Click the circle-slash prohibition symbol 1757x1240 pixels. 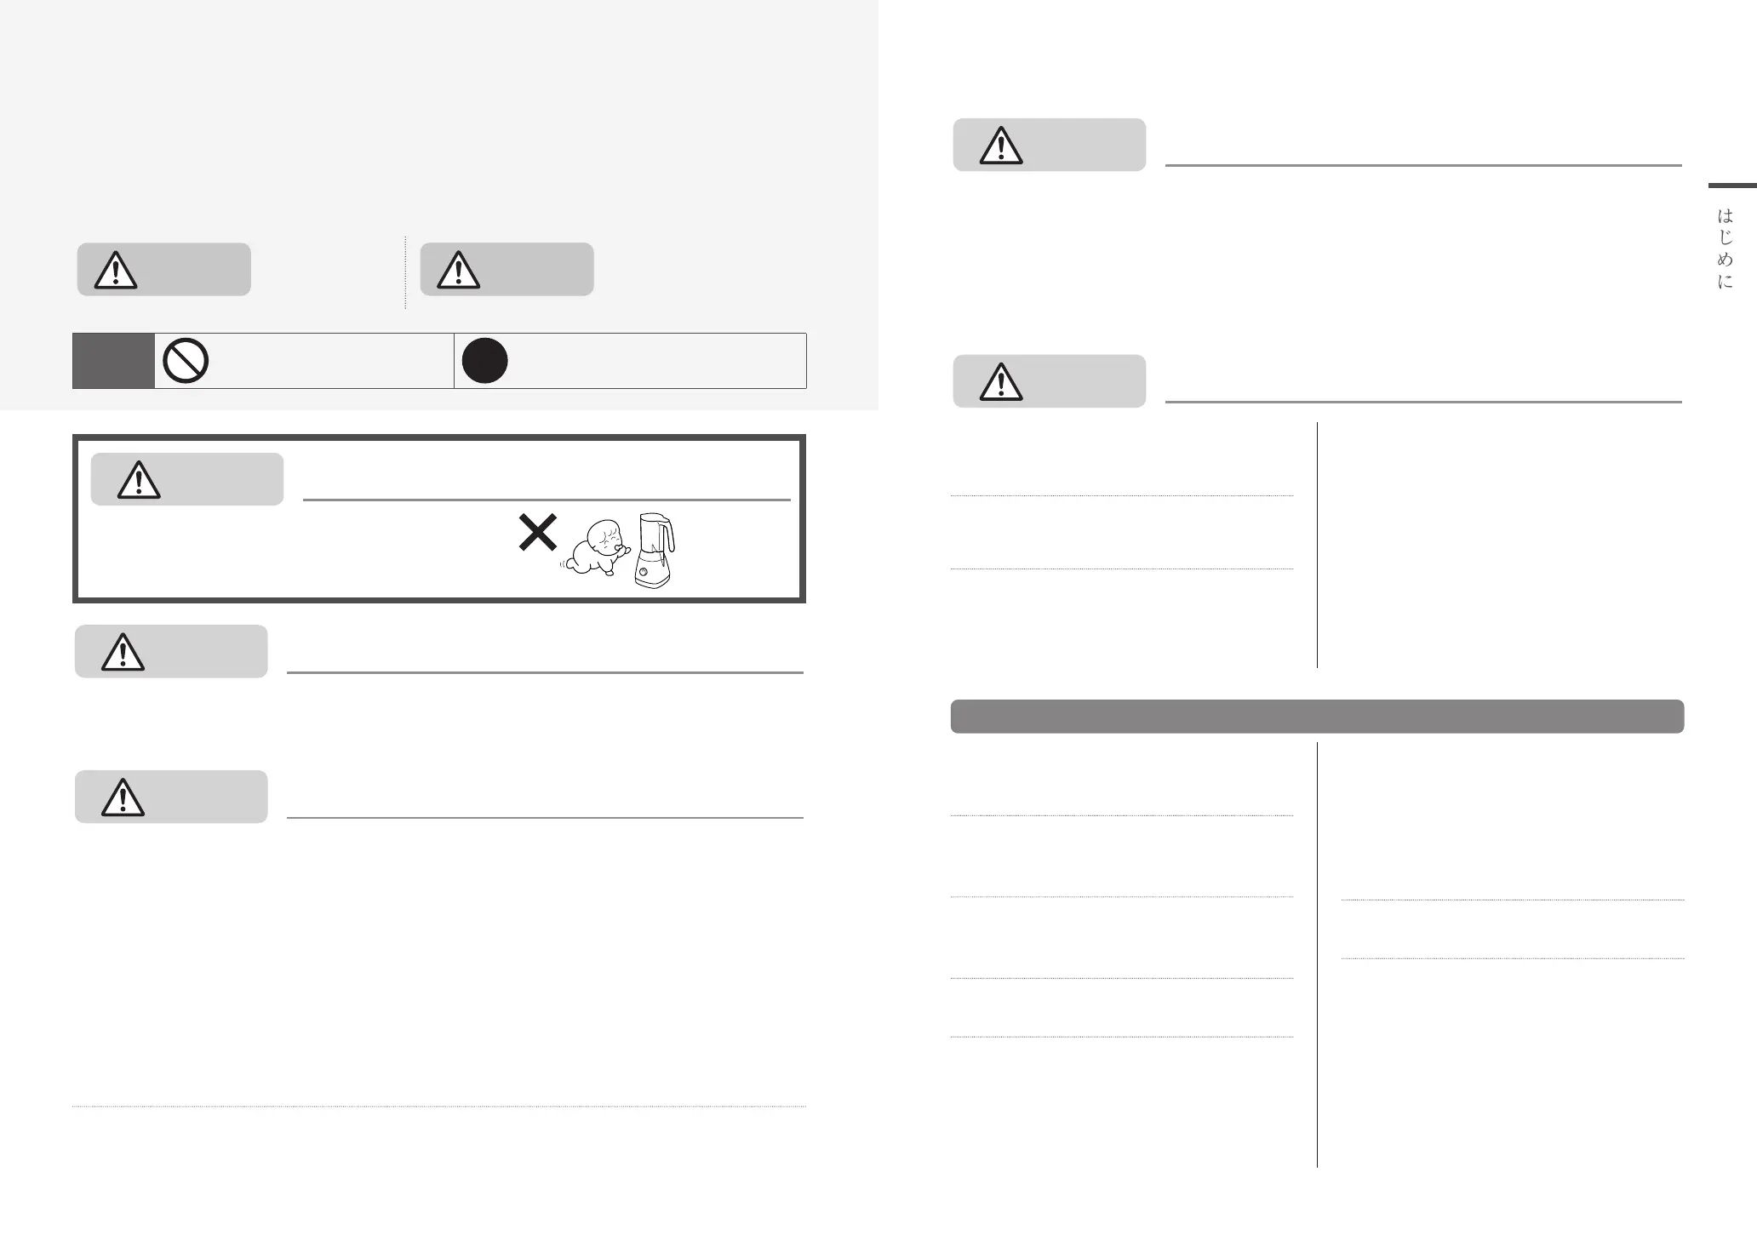pyautogui.click(x=186, y=361)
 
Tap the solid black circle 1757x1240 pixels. pyautogui.click(x=485, y=361)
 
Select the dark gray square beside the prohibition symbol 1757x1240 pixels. pyautogui.click(x=113, y=361)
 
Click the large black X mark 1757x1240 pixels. pyautogui.click(x=538, y=532)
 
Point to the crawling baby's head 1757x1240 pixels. pyautogui.click(x=606, y=538)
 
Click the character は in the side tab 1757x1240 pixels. pyautogui.click(x=1726, y=216)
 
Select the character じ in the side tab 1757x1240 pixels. pyautogui.click(x=1726, y=238)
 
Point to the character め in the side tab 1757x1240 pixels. pyautogui.click(x=1726, y=260)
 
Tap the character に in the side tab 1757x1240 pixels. pyautogui.click(x=1726, y=282)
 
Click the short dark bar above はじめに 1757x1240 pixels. pyautogui.click(x=1732, y=185)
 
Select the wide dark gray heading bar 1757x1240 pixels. pyautogui.click(x=1317, y=717)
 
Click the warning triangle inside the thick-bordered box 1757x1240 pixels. pyautogui.click(x=139, y=480)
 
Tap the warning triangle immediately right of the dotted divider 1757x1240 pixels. pyautogui.click(x=459, y=270)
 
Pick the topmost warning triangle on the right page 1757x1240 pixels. pyautogui.click(x=1001, y=146)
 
